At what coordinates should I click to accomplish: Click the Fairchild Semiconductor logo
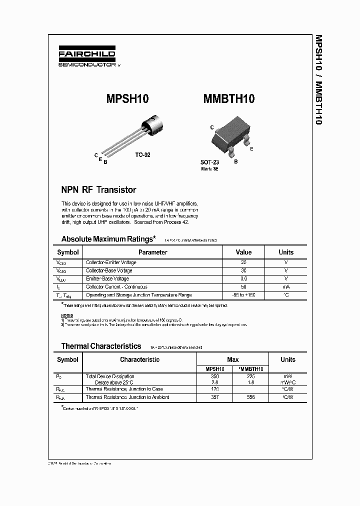click(x=87, y=58)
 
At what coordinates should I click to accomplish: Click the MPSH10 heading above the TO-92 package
click(x=127, y=99)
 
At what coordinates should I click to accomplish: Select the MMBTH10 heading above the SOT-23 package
click(x=229, y=99)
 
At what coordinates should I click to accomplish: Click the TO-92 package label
click(x=142, y=155)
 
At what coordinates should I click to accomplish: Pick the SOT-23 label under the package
click(x=209, y=162)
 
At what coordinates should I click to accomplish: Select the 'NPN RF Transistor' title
click(x=98, y=190)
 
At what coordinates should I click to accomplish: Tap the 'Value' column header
click(x=243, y=252)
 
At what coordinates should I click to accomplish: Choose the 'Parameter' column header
click(x=153, y=252)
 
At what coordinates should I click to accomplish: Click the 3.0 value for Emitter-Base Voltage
click(x=243, y=278)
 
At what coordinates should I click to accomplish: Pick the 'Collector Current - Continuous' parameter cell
click(x=116, y=287)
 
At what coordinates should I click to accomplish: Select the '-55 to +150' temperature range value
click(x=243, y=295)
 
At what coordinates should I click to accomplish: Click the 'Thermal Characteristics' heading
click(x=101, y=346)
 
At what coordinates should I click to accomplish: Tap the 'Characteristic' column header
click(x=140, y=359)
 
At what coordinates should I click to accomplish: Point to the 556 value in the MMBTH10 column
click(x=250, y=397)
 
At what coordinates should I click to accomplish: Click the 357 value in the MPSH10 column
click(x=215, y=397)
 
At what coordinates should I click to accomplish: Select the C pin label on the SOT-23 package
click(x=212, y=128)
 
